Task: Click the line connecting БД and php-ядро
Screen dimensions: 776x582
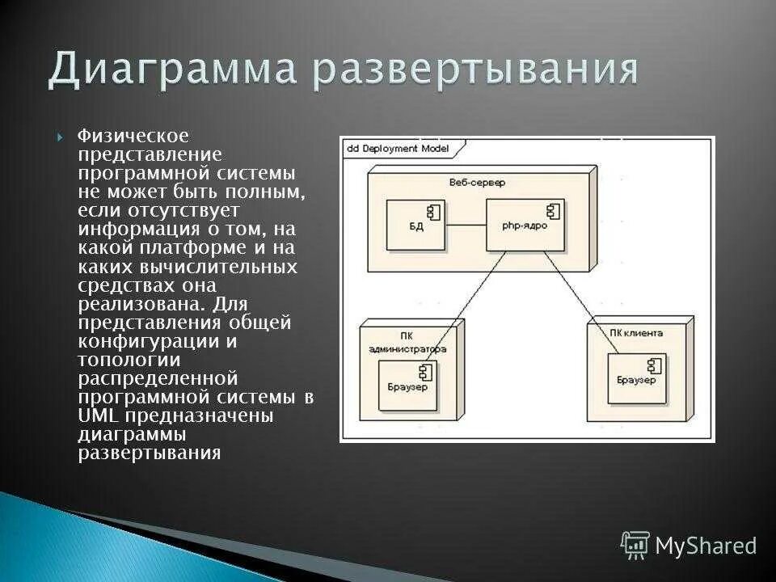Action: click(x=467, y=224)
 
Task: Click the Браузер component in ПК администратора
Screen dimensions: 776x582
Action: click(x=407, y=386)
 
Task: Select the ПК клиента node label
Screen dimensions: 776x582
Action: click(x=636, y=332)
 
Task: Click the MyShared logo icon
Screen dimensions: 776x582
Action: click(x=635, y=545)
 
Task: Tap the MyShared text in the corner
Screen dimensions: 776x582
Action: click(x=706, y=546)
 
